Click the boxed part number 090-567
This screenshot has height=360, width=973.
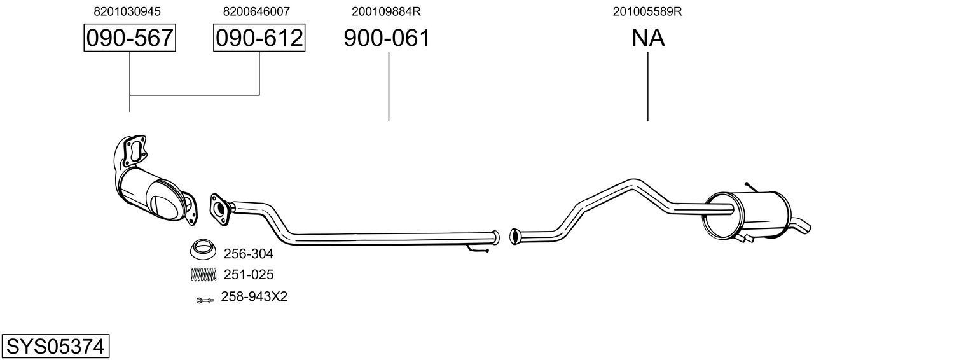click(130, 38)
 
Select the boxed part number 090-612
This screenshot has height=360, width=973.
click(259, 38)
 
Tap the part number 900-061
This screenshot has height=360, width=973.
click(387, 38)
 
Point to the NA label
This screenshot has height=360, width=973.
click(648, 38)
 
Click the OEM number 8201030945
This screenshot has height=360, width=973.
click(127, 11)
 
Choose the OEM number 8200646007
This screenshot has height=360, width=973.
click(256, 11)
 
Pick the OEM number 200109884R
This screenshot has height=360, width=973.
click(386, 11)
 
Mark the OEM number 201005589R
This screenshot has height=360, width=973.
click(647, 11)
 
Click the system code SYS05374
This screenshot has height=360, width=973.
click(55, 347)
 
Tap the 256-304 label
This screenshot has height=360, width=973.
click(248, 254)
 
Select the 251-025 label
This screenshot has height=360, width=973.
click(248, 275)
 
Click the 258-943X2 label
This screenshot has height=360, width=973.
click(254, 297)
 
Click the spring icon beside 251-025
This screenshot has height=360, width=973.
click(204, 275)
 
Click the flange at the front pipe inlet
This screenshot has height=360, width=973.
click(219, 209)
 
